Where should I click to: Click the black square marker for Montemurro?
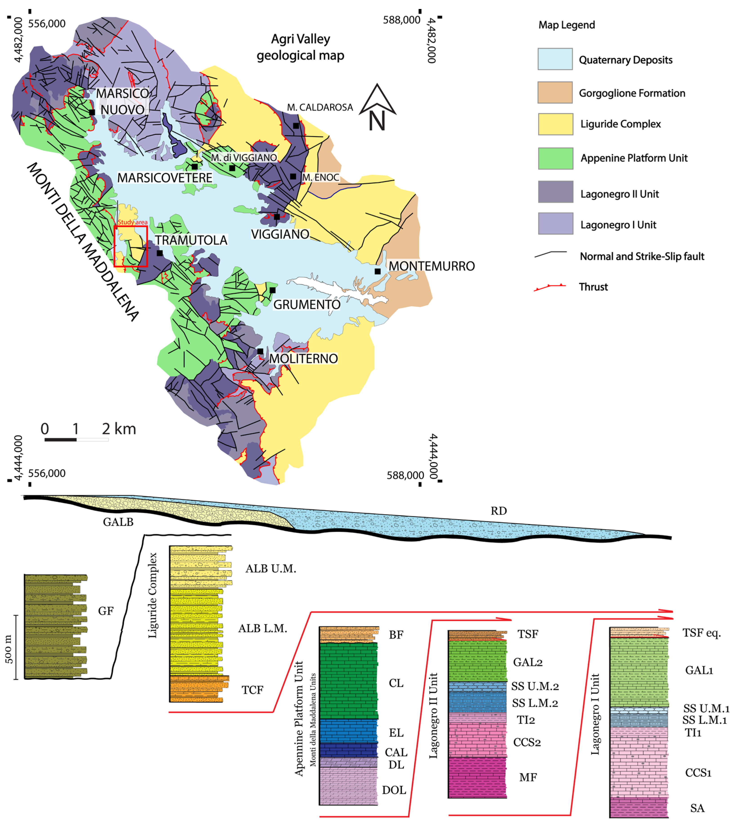[378, 271]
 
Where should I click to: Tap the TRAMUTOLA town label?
[191, 240]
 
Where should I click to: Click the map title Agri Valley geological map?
[300, 47]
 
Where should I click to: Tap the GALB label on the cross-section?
[118, 522]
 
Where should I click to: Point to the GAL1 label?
[699, 670]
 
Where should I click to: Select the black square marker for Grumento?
[273, 290]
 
